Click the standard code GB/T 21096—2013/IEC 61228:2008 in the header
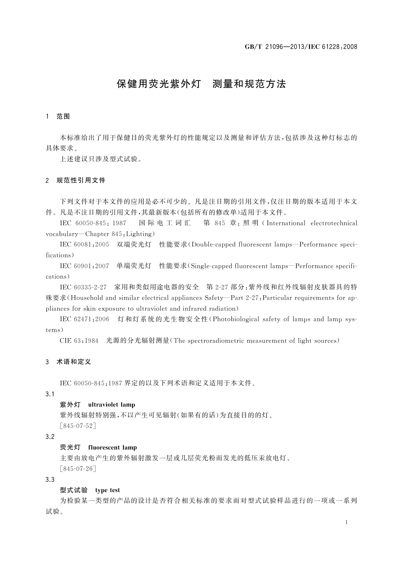tap(301, 47)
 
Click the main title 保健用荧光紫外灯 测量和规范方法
tap(201, 84)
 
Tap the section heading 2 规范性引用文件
tap(75, 180)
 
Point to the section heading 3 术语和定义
tap(68, 362)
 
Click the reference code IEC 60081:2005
tap(84, 245)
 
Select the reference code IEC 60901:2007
tap(84, 266)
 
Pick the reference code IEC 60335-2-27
tap(83, 288)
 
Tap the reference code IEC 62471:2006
tap(84, 319)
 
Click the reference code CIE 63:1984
tap(79, 341)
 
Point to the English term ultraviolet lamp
tap(111, 405)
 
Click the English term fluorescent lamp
tap(112, 448)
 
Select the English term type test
tap(108, 490)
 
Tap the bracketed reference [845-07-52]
tap(78, 426)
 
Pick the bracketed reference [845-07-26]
tap(78, 469)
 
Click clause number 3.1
tap(50, 394)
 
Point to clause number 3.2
tap(50, 437)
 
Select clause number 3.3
tap(50, 480)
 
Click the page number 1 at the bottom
tap(346, 522)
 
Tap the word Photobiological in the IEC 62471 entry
tap(237, 319)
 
